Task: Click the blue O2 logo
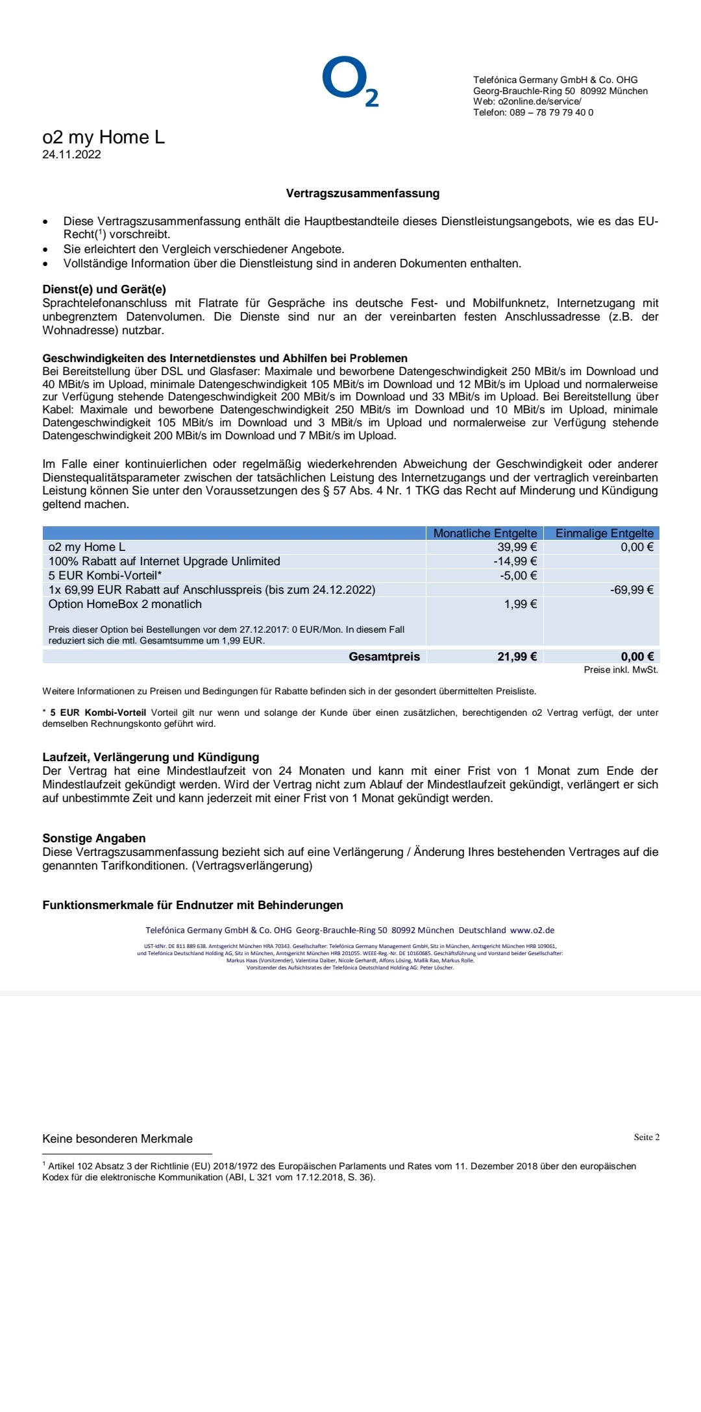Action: pyautogui.click(x=349, y=82)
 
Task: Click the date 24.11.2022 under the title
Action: pyautogui.click(x=71, y=154)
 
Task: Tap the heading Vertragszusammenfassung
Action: pyautogui.click(x=363, y=193)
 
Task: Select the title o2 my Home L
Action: pyautogui.click(x=103, y=137)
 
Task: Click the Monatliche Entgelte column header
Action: pyautogui.click(x=485, y=533)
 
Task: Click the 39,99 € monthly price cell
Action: pyautogui.click(x=517, y=547)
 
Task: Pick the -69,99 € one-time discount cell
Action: pyautogui.click(x=632, y=590)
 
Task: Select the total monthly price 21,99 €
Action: pyautogui.click(x=517, y=657)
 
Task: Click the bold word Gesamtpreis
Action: pyautogui.click(x=384, y=657)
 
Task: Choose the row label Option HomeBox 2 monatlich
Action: pyautogui.click(x=125, y=604)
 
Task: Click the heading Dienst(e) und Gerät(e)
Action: pyautogui.click(x=104, y=289)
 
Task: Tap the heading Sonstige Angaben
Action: pyautogui.click(x=93, y=838)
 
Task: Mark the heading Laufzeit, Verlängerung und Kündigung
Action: pyautogui.click(x=151, y=757)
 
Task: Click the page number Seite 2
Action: pyautogui.click(x=646, y=1138)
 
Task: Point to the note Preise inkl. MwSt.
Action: pyautogui.click(x=621, y=670)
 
